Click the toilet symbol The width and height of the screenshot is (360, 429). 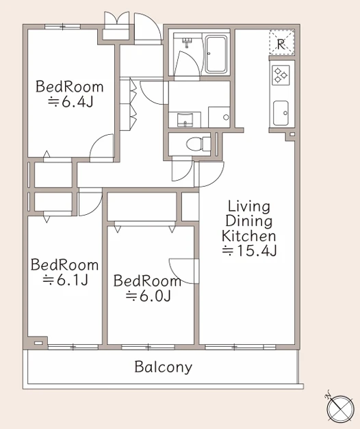pyautogui.click(x=198, y=144)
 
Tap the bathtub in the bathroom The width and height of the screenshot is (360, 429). pyautogui.click(x=216, y=54)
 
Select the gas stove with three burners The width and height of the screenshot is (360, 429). pyautogui.click(x=281, y=75)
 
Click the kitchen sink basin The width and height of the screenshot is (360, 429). pyautogui.click(x=281, y=113)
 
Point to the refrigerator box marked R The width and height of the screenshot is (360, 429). pyautogui.click(x=281, y=42)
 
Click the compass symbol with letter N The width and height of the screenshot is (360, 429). pyautogui.click(x=340, y=408)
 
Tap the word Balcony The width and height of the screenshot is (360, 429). pyautogui.click(x=163, y=367)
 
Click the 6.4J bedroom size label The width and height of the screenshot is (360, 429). pyautogui.click(x=70, y=102)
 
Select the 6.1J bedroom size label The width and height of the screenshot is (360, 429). pyautogui.click(x=65, y=280)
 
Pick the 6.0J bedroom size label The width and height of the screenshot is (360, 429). pyautogui.click(x=148, y=296)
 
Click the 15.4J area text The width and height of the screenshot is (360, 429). pyautogui.click(x=249, y=250)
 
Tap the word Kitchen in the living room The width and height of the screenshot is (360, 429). pyautogui.click(x=248, y=236)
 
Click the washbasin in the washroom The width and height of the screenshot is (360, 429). pyautogui.click(x=185, y=120)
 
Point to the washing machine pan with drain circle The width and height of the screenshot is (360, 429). pyautogui.click(x=219, y=117)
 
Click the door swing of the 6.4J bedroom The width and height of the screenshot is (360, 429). pyautogui.click(x=101, y=148)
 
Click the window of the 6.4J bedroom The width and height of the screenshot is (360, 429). pyautogui.click(x=63, y=27)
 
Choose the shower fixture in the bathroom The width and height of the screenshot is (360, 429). pyautogui.click(x=188, y=42)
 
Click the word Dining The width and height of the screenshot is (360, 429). pyautogui.click(x=249, y=221)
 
